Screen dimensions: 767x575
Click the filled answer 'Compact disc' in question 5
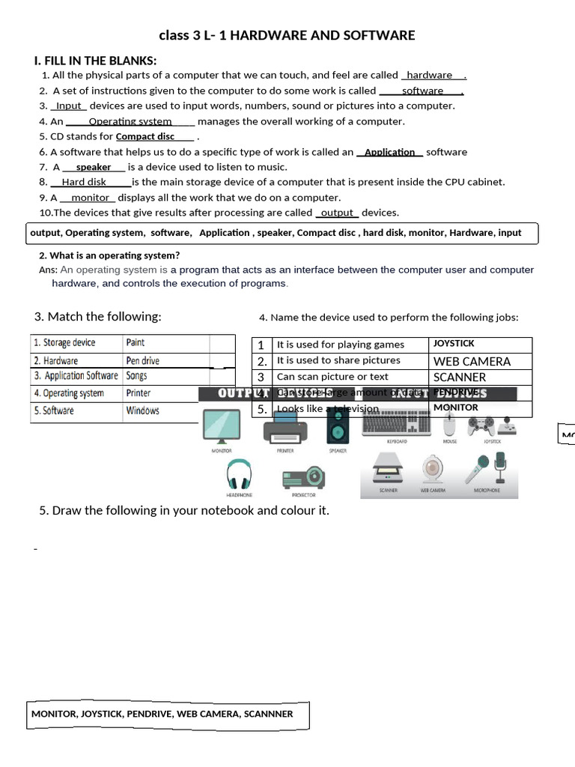point(145,136)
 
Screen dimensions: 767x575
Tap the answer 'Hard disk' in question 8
point(84,182)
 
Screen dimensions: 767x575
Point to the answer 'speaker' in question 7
point(94,167)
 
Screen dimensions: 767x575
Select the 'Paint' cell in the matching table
point(136,342)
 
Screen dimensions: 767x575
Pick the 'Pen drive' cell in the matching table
point(143,360)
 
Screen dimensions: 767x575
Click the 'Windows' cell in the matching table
point(142,410)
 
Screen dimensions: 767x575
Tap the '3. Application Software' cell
point(76,376)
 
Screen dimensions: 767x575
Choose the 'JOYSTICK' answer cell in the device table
point(454,344)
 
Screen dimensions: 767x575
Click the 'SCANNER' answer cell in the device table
point(460,378)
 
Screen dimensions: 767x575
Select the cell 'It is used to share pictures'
point(338,360)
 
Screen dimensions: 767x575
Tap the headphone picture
point(240,475)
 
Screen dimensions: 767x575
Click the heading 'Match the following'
point(97,317)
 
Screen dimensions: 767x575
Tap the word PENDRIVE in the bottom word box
point(149,714)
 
